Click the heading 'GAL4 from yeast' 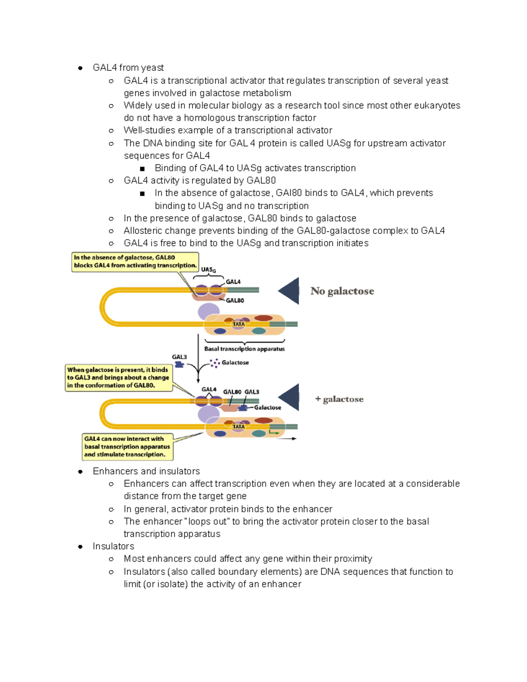(128, 68)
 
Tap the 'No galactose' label (342, 291)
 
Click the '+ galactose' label (339, 399)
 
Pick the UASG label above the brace (208, 270)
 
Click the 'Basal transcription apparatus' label (244, 349)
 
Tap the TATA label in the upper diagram (238, 324)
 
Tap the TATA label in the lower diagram (238, 426)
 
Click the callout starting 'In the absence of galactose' (135, 262)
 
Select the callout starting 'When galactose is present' (118, 378)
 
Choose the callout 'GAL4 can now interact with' (127, 447)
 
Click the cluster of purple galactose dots (215, 363)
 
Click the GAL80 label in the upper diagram (235, 300)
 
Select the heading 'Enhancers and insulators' (146, 471)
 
